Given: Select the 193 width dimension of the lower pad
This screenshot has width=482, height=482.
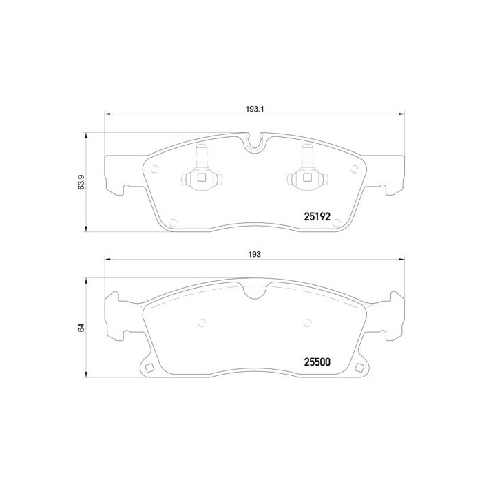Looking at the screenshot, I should point(255,254).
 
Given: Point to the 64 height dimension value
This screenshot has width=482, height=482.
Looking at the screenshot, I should point(81,328).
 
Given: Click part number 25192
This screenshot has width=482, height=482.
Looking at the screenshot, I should point(318,216).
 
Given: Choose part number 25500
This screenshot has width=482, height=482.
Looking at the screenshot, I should point(318,360).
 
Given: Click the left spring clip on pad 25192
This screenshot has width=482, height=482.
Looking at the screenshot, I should point(202,172).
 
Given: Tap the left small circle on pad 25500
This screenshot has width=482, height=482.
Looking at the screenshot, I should point(202,320).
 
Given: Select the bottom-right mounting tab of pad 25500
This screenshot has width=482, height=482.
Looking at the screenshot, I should point(361,366).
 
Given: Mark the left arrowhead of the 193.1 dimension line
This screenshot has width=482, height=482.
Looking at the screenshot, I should point(106,114).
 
